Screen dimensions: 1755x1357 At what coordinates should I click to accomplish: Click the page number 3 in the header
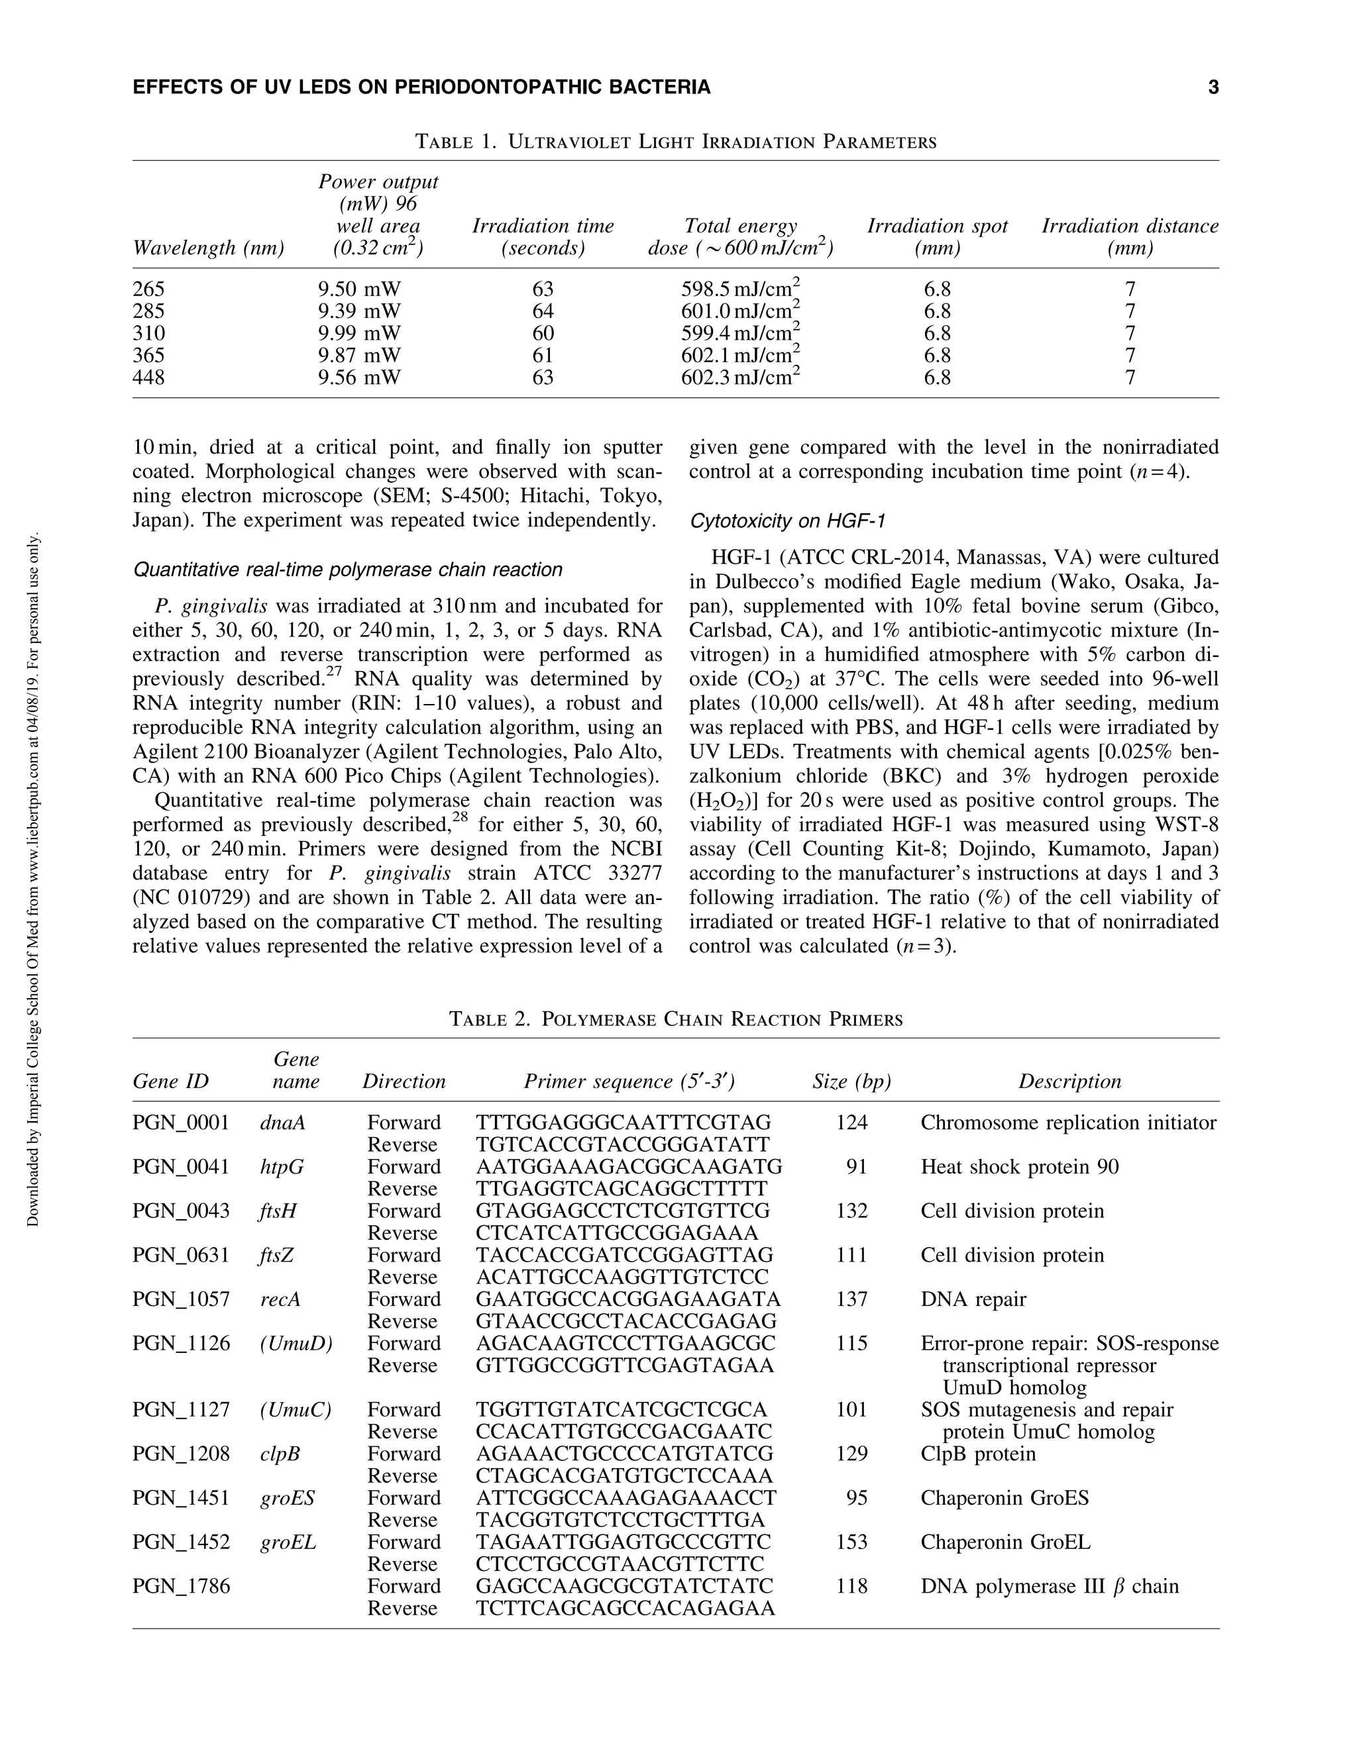point(1213,87)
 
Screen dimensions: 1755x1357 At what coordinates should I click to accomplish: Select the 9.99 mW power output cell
point(358,334)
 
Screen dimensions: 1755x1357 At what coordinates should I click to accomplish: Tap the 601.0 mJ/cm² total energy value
point(739,311)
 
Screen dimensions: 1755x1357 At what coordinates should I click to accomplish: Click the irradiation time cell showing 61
point(543,355)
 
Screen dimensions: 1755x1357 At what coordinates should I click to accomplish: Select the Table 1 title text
point(675,142)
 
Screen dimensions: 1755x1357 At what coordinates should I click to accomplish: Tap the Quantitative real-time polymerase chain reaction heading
point(347,570)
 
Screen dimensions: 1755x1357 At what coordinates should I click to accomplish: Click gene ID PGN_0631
point(181,1255)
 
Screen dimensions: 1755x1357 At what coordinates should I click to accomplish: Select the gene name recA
point(280,1299)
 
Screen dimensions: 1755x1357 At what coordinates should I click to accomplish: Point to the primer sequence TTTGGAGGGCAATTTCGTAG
point(623,1123)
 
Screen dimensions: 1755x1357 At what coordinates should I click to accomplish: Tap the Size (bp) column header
point(851,1081)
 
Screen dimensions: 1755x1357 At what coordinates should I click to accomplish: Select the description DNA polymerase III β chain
point(1049,1586)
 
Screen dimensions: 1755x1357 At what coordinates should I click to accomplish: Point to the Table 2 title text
point(675,1020)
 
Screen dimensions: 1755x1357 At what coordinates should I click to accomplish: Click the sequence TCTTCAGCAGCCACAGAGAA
point(625,1608)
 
